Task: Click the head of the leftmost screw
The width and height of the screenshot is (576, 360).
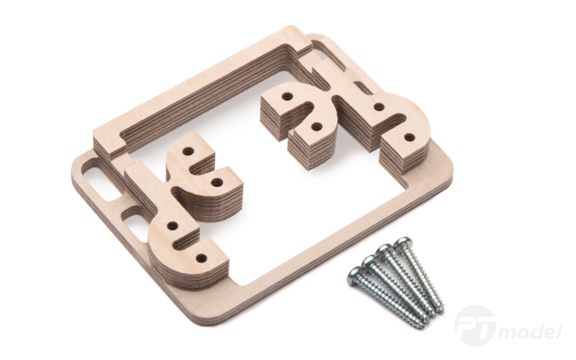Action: pos(355,275)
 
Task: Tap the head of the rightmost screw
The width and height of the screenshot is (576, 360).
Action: pos(402,244)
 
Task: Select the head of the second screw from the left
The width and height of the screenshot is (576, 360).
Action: pos(369,263)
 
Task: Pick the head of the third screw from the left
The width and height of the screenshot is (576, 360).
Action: pos(385,251)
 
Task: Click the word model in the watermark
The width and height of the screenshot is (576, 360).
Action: pos(532,332)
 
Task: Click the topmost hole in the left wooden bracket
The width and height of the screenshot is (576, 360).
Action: pos(188,151)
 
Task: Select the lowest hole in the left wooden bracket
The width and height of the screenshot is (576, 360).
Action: pos(201,258)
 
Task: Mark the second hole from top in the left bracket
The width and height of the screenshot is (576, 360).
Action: pos(217,182)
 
